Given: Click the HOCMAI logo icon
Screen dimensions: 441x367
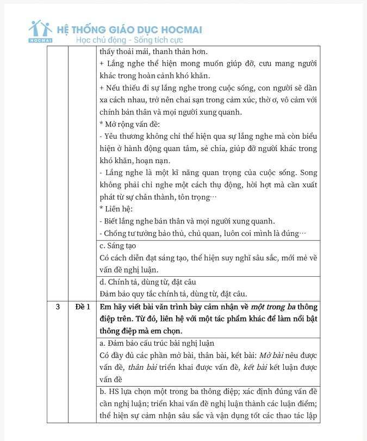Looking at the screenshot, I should click(x=41, y=32).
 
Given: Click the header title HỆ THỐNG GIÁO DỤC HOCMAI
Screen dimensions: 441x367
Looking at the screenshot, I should click(x=129, y=29).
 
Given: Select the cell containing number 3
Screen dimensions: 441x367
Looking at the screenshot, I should click(x=57, y=307).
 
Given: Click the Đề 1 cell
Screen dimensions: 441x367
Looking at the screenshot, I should click(x=82, y=307).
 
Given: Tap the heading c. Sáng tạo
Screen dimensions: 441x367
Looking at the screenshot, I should click(x=118, y=246).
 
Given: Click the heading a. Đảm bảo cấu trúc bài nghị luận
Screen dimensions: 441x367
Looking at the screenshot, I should click(x=157, y=343).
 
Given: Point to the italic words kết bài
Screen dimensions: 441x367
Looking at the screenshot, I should click(x=253, y=367).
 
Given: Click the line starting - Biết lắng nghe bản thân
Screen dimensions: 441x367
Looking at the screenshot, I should click(x=188, y=221).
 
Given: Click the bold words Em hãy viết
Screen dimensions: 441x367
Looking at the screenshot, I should click(x=120, y=307).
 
